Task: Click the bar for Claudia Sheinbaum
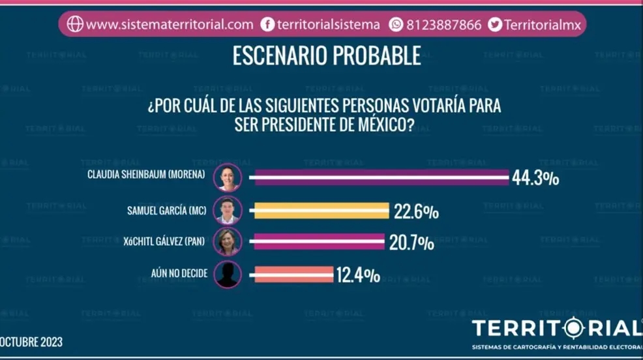(381, 177)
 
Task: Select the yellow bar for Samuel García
(322, 211)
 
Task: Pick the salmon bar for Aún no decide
(293, 274)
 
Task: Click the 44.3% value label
(535, 178)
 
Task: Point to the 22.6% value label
(415, 211)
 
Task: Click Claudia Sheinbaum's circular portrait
(228, 177)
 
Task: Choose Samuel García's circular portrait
(228, 211)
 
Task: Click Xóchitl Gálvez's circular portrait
(228, 242)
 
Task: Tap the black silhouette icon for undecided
(228, 274)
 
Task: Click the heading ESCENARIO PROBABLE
(326, 57)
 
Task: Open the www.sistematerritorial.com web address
(169, 25)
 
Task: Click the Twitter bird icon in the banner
(495, 25)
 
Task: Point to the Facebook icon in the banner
(267, 25)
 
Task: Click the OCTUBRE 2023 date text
(31, 342)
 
